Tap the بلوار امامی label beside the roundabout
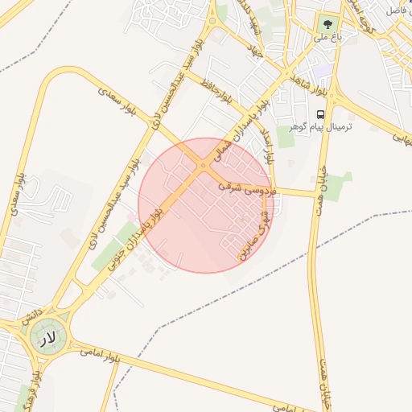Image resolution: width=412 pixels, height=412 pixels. pos(101,354)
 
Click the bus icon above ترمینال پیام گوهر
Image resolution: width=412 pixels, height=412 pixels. pos(321,115)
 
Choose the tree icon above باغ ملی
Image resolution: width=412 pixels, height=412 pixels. pos(327,22)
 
